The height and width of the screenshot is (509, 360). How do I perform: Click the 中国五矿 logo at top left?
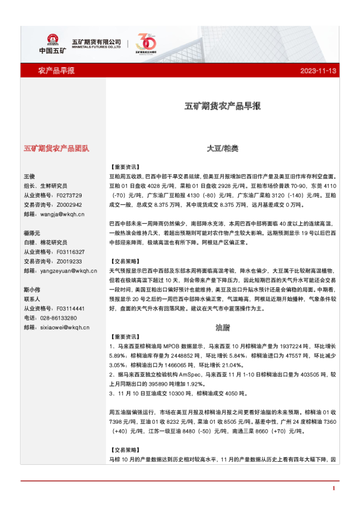tap(52, 42)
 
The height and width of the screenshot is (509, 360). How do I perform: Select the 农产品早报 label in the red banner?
tap(56, 71)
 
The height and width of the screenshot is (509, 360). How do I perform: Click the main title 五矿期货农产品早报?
tap(222, 106)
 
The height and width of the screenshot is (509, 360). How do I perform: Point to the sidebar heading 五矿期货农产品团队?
tap(56, 148)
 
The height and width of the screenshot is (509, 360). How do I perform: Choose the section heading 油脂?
tap(222, 327)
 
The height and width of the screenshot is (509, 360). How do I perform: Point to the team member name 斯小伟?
tap(32, 290)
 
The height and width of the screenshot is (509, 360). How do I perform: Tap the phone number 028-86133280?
tap(57, 318)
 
